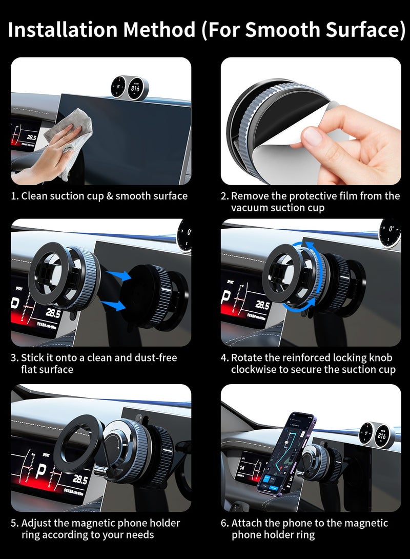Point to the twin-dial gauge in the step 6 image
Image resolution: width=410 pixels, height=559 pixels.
(x=374, y=435)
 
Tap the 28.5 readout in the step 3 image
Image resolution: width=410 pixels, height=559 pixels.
(x=53, y=312)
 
